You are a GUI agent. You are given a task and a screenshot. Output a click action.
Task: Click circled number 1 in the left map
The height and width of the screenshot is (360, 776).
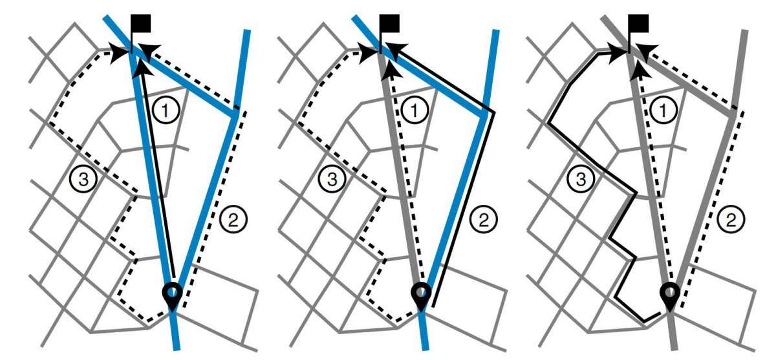point(166,112)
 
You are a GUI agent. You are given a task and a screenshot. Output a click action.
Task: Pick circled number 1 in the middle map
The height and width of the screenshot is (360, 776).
point(414,112)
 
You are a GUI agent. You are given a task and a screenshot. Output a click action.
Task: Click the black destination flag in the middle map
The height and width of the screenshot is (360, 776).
point(389,25)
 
